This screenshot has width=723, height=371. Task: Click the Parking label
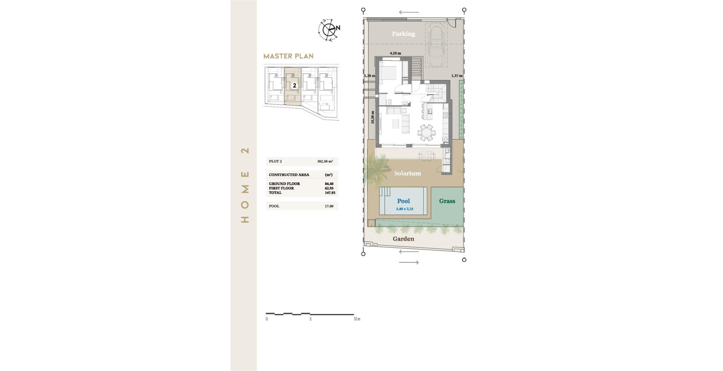click(403, 34)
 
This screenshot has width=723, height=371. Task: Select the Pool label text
click(403, 201)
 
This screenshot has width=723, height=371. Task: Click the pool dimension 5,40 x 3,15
click(405, 209)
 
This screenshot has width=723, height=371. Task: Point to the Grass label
click(447, 201)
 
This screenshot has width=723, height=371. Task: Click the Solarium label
click(407, 173)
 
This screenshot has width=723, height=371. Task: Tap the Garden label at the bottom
click(403, 239)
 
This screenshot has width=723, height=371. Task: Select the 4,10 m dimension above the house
click(395, 53)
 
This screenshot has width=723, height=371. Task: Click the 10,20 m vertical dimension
click(373, 117)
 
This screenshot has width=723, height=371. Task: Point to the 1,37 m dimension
click(457, 76)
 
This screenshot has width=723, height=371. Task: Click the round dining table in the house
click(427, 132)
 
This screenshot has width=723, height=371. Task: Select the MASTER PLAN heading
click(288, 56)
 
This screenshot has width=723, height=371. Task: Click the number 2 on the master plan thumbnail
click(294, 86)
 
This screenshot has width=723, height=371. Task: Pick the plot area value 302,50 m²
click(325, 162)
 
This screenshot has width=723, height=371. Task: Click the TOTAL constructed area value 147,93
click(329, 193)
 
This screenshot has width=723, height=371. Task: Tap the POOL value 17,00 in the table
click(329, 206)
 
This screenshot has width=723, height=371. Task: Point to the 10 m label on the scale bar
click(357, 319)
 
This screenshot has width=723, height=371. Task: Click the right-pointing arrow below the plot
click(409, 262)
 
